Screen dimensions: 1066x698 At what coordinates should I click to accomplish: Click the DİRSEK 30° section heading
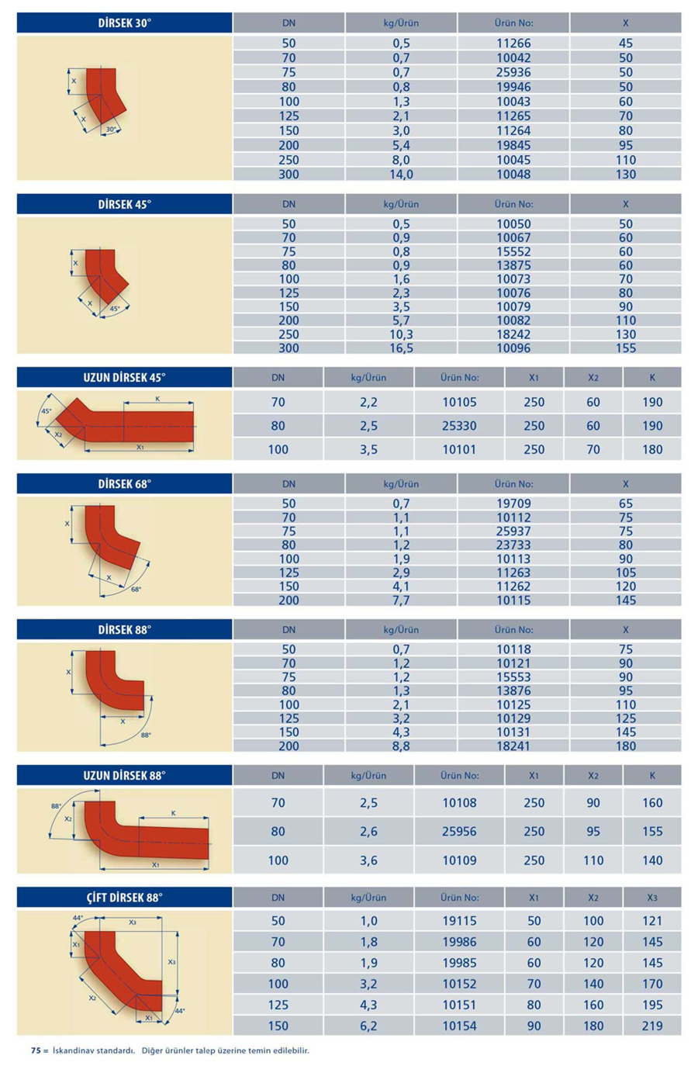(124, 23)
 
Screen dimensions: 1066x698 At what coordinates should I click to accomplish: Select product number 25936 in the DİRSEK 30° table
(513, 72)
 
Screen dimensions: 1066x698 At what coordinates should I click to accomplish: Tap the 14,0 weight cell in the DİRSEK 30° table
(401, 175)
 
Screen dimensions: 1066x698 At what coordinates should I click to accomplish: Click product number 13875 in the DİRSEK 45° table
(513, 265)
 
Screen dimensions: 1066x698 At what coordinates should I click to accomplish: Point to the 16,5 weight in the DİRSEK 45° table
(401, 348)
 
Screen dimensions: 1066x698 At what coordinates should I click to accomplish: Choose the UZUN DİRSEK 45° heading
(124, 378)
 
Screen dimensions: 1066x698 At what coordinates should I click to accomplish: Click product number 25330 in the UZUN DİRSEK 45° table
(459, 426)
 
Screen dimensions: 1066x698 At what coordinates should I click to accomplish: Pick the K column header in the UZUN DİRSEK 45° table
(652, 378)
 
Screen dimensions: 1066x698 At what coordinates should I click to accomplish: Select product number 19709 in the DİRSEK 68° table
(513, 504)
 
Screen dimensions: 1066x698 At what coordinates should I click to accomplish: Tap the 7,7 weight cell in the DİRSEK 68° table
(401, 600)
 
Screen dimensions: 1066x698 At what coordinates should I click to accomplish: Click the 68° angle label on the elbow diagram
(136, 590)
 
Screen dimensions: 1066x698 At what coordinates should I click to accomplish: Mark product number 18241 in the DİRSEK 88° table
(513, 746)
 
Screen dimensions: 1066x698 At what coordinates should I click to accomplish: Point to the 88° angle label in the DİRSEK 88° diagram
(146, 735)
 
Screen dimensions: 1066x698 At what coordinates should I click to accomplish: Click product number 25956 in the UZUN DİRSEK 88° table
(459, 832)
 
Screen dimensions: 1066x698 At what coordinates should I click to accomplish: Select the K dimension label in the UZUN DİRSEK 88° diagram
(173, 813)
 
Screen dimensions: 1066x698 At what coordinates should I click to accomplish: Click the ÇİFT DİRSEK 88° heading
(124, 898)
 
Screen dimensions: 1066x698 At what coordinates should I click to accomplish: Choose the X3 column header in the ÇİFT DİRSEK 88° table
(652, 898)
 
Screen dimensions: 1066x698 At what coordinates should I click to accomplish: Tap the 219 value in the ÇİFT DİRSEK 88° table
(652, 1026)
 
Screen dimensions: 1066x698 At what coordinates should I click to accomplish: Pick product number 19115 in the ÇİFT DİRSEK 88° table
(459, 921)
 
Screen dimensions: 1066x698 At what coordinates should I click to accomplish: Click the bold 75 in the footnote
(36, 1050)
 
